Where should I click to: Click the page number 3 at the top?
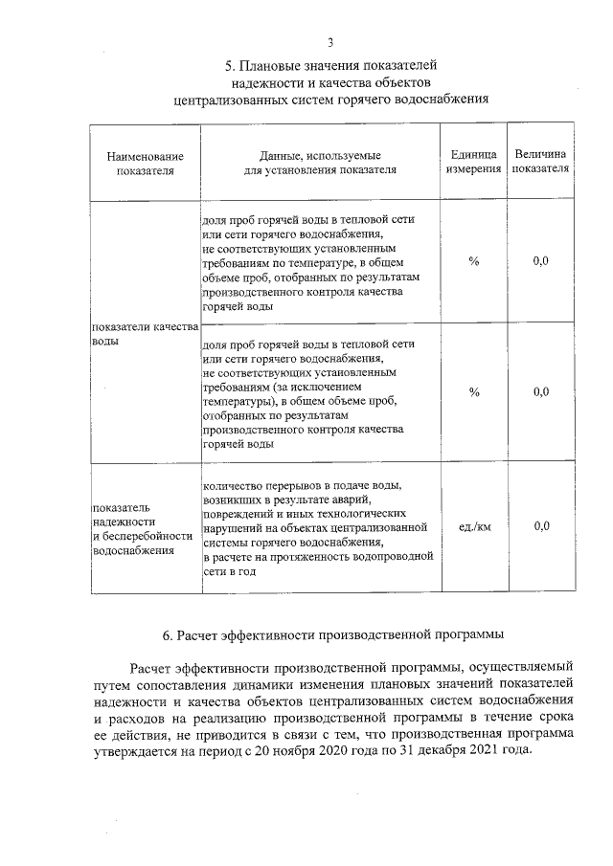click(x=330, y=43)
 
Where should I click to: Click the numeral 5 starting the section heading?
click(x=229, y=66)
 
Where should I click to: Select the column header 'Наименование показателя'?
click(x=145, y=163)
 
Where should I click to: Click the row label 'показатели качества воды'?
click(x=144, y=334)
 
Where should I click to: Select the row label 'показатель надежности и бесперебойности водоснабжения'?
click(x=135, y=528)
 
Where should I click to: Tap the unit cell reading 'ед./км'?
click(x=474, y=526)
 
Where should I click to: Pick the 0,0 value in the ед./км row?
click(x=540, y=526)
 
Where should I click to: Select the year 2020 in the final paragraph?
click(x=350, y=749)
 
